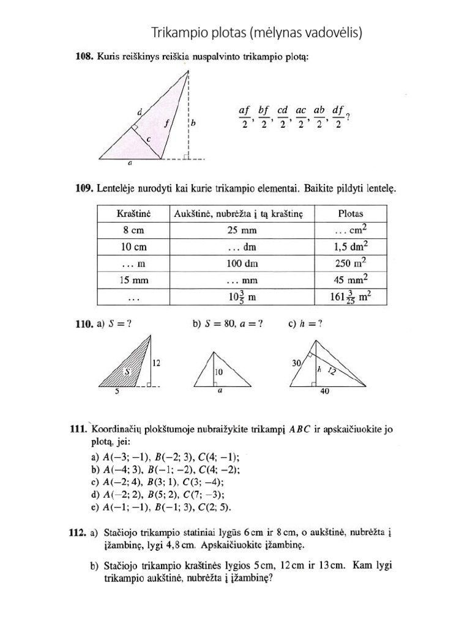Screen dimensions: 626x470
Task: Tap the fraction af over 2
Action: tap(244, 116)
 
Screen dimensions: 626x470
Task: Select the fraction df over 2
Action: tap(337, 116)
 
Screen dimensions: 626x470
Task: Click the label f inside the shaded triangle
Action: tap(165, 122)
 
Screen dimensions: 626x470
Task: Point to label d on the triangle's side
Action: tap(140, 112)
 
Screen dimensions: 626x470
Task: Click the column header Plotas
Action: tap(350, 213)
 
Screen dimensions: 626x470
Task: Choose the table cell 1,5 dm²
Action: tap(350, 247)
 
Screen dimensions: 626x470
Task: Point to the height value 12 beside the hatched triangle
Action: tap(157, 363)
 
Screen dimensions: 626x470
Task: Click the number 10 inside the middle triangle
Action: tap(217, 371)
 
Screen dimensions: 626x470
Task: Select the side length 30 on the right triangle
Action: tap(297, 363)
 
